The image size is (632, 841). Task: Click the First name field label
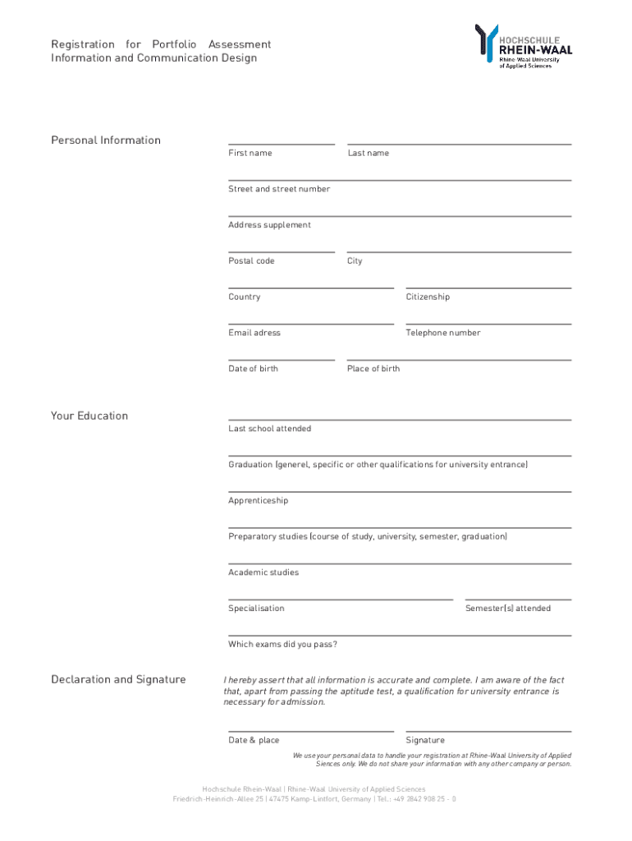250,154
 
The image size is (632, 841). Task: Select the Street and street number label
279,189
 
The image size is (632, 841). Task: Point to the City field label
355,261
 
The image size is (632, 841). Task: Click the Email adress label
254,333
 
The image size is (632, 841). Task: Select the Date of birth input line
281,359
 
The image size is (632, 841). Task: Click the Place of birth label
373,369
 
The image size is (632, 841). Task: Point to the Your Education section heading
89,416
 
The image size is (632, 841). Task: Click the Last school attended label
269,429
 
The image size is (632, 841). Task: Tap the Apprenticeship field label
258,500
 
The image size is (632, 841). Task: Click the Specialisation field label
256,609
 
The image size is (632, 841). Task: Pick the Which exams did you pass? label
282,645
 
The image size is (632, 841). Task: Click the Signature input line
488,730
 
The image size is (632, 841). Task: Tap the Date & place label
254,740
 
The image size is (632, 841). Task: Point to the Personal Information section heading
106,140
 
